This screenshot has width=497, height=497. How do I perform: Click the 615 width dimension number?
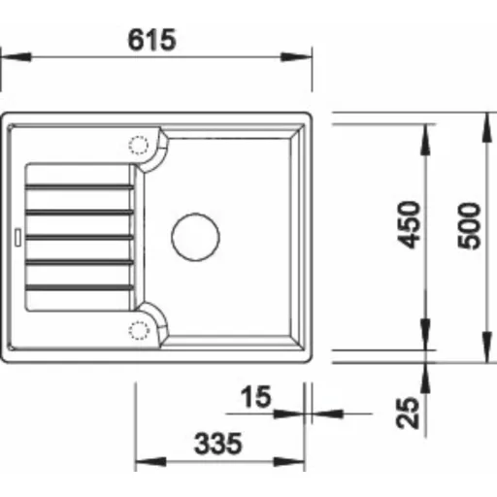pyautogui.click(x=152, y=40)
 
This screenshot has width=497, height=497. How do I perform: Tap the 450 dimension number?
pyautogui.click(x=409, y=225)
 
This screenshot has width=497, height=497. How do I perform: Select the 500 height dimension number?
pyautogui.click(x=470, y=226)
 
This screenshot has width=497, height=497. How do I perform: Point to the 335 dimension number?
pyautogui.click(x=218, y=444)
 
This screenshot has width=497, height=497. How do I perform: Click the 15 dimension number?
pyautogui.click(x=255, y=396)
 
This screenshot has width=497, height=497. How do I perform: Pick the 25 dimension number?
pyautogui.click(x=408, y=413)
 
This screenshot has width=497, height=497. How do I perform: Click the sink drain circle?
pyautogui.click(x=195, y=237)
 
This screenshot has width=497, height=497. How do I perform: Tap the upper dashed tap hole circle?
pyautogui.click(x=139, y=145)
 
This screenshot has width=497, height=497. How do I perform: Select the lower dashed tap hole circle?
pyautogui.click(x=139, y=330)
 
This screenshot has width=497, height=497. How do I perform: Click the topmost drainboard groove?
pyautogui.click(x=80, y=186)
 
